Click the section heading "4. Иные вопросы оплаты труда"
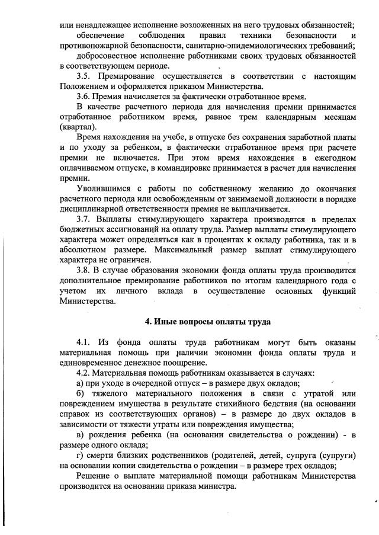point(208,322)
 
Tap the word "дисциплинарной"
point(95,209)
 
